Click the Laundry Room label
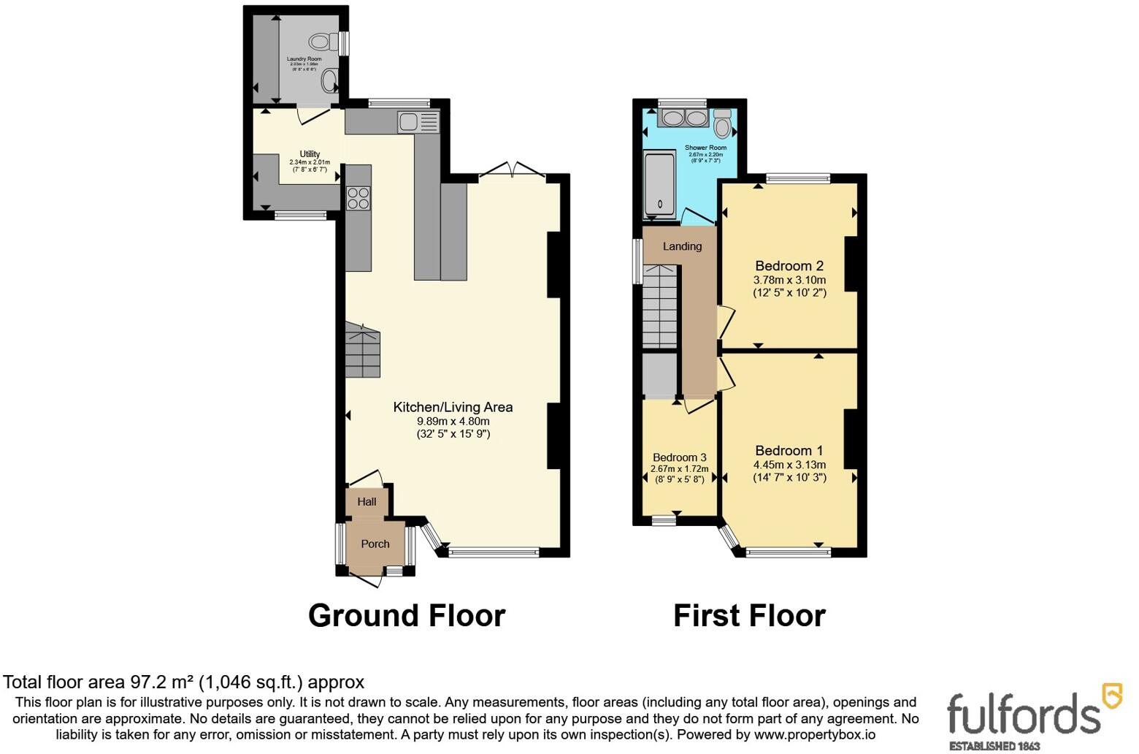point(304,58)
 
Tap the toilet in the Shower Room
point(722,124)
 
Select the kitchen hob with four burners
point(358,198)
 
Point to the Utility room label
point(310,154)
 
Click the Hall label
point(367,501)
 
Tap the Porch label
point(375,544)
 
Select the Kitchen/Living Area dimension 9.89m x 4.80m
point(453,421)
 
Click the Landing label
point(682,246)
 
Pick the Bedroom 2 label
point(789,266)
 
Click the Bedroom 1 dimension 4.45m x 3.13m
point(789,465)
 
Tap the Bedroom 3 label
point(679,457)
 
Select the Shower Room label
point(705,148)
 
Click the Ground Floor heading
point(406,616)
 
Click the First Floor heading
point(749,616)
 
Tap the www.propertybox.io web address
point(814,735)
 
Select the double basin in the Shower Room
point(684,118)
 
